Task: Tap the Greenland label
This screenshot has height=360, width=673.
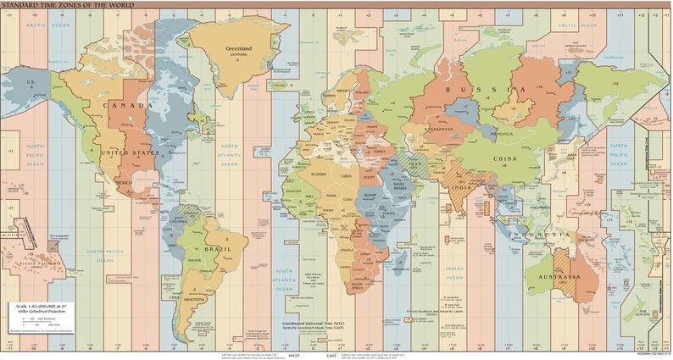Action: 238,48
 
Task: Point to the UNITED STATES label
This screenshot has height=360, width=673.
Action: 125,152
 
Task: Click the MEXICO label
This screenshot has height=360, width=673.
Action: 124,182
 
